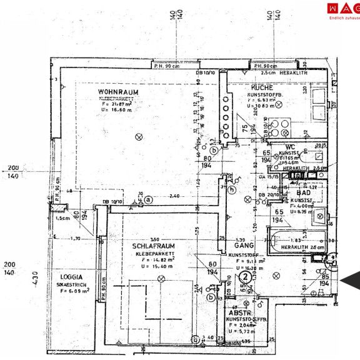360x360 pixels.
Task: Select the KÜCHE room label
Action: click(262, 88)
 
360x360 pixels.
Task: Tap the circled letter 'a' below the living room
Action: click(149, 200)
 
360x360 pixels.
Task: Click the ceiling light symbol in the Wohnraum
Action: click(139, 137)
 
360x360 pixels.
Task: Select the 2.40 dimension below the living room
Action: click(174, 196)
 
